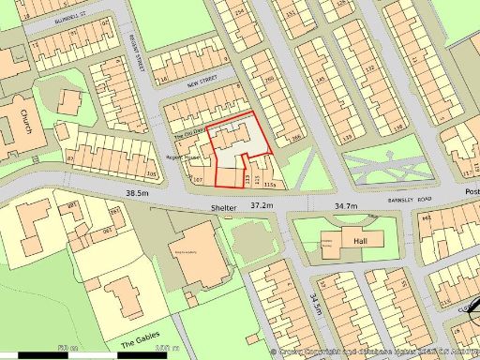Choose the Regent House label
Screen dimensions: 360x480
click(185, 157)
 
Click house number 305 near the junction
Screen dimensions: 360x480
click(151, 174)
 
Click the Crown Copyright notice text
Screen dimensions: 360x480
click(375, 351)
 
